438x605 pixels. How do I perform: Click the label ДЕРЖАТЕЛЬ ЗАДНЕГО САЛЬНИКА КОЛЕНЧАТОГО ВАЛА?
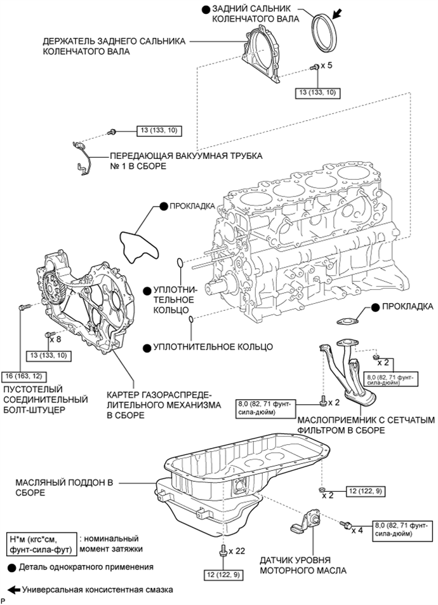(111, 46)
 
